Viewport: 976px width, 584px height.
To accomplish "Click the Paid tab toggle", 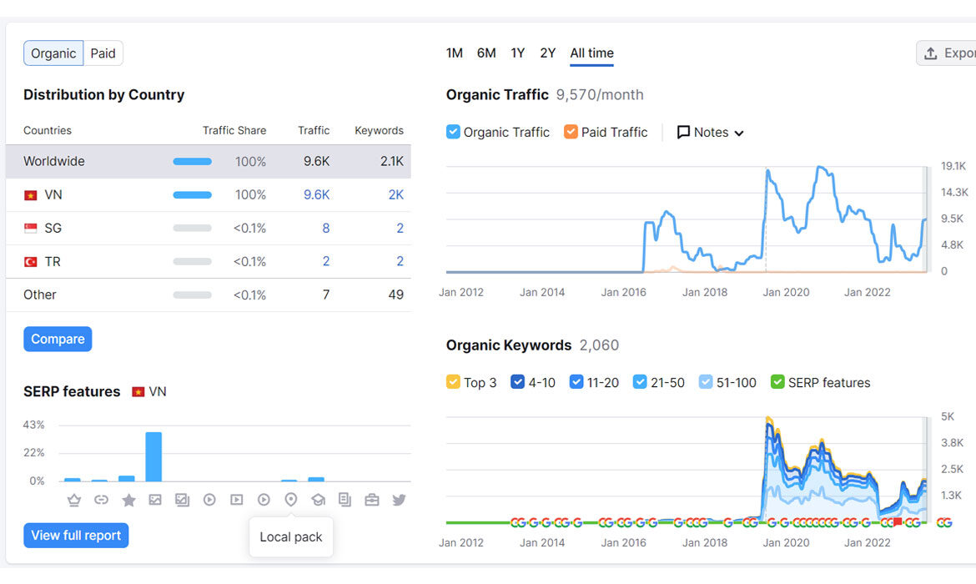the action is point(103,53).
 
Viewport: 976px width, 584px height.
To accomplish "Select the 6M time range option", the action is point(486,53).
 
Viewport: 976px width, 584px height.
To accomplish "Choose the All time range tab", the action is point(592,53).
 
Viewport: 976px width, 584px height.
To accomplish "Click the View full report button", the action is point(76,536).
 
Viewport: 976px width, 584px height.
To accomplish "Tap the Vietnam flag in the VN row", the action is point(31,195).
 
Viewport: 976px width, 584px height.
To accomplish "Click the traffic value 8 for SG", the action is point(325,229).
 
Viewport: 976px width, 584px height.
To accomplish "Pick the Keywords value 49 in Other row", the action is point(396,295).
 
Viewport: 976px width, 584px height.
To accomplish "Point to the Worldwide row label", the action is point(54,161).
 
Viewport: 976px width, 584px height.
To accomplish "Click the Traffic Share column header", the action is point(234,130).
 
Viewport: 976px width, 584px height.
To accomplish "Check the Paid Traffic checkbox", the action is point(571,132).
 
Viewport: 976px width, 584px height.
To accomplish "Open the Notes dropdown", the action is point(710,132).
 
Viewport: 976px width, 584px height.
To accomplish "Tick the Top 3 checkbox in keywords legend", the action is point(453,381).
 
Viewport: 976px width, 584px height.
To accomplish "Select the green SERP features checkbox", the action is point(777,381).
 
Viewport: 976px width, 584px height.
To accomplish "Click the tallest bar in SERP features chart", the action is point(153,456).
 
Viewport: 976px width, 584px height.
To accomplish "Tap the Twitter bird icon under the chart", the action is point(399,500).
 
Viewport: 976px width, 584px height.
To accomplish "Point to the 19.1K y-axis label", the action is point(953,166).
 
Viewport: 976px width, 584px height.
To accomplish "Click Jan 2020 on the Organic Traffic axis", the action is point(786,292).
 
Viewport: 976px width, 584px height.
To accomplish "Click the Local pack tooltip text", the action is point(290,536).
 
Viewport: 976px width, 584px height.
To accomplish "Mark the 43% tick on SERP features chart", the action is point(33,425).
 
